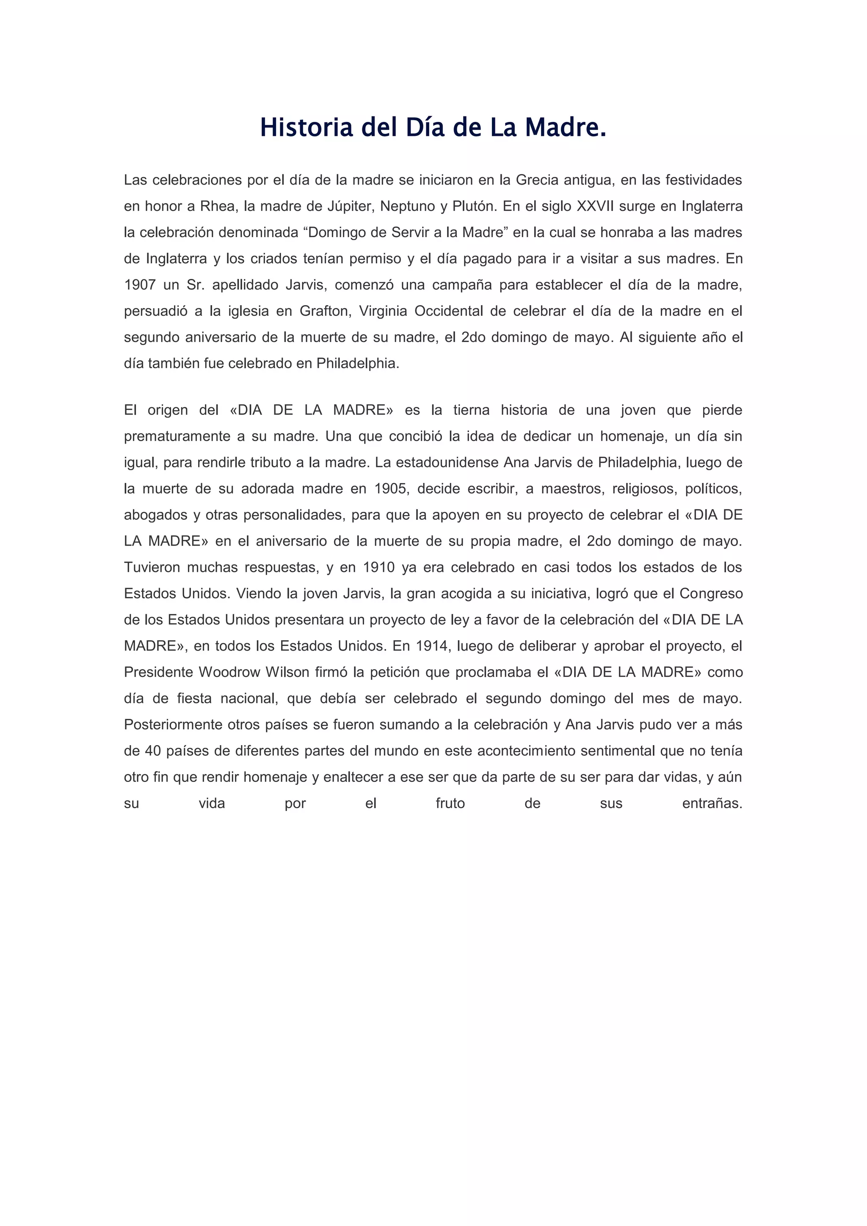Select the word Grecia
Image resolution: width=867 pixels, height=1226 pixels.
(x=536, y=180)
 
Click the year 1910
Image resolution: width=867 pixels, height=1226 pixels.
(x=378, y=567)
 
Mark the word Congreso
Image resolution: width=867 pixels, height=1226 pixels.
(x=711, y=594)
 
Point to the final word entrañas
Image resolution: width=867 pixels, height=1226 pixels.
(x=712, y=804)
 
